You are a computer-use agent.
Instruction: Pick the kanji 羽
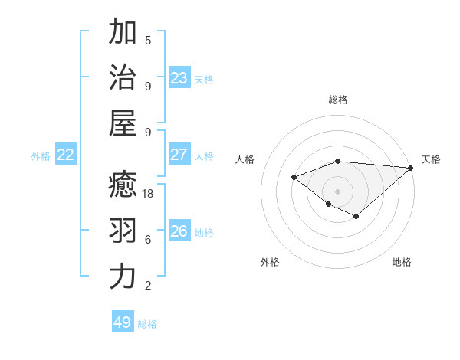[123, 231]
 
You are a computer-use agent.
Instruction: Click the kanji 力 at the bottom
[123, 277]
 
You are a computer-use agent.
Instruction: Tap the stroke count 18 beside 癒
[149, 194]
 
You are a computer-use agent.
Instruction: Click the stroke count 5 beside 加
[148, 40]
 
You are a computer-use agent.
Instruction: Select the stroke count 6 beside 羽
[148, 239]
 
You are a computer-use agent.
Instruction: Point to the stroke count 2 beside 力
[148, 285]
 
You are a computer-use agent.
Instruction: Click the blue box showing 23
[179, 77]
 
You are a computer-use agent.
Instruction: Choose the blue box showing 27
[179, 155]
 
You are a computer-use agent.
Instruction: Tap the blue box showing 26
[179, 231]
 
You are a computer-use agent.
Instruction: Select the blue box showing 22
[66, 155]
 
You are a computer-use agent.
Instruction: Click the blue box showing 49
[123, 322]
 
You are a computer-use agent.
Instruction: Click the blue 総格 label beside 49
[147, 324]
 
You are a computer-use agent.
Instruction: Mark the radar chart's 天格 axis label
[431, 159]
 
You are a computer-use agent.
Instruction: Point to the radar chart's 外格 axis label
[270, 262]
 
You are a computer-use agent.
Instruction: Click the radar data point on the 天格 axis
[411, 168]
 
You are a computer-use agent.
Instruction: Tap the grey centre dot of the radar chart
[337, 191]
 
